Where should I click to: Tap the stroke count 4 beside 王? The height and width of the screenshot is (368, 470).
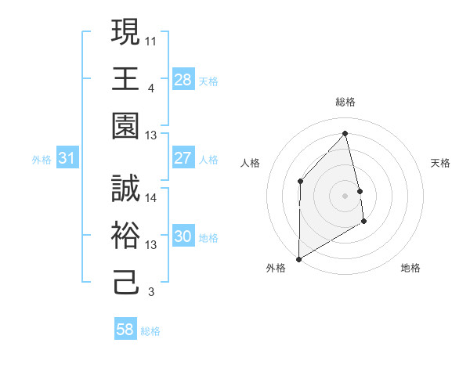pos(150,87)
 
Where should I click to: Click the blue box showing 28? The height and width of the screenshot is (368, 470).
pos(183,79)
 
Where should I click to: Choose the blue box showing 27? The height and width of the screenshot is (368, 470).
pos(183,158)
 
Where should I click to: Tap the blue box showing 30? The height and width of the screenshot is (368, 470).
pos(183,237)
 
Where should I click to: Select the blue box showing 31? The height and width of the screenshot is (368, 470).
pos(67,159)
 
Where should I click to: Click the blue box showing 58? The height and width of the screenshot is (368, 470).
pos(125,330)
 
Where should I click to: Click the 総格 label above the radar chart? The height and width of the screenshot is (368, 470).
pos(345,102)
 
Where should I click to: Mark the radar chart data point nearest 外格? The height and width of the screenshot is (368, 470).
pos(298,258)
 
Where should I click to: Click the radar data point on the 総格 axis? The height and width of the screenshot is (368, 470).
pos(345,133)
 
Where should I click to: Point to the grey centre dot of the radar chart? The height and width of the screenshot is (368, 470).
pos(345,195)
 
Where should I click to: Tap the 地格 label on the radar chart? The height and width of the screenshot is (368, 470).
pos(410,268)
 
